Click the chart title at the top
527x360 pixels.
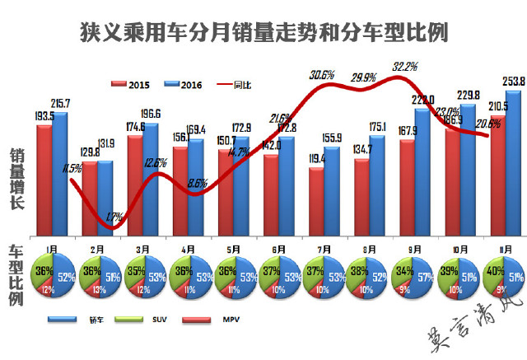pos(263,32)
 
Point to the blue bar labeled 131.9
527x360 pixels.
pos(105,198)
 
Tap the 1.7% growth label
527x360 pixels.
pos(114,217)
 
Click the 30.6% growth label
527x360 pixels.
pos(322,75)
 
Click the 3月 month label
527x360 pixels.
pos(143,246)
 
